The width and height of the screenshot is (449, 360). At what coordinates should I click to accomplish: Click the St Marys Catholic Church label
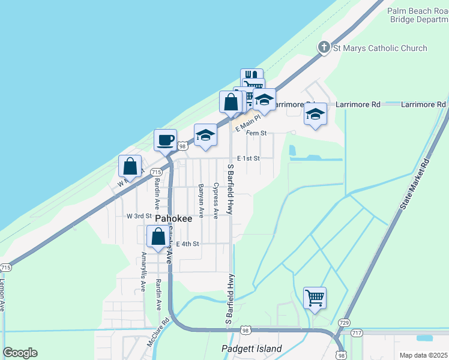tap(380, 48)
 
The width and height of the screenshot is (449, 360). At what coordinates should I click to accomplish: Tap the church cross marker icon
tap(324, 47)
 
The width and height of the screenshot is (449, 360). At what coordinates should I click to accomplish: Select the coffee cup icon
tap(166, 140)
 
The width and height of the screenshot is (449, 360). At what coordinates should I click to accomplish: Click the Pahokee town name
tap(173, 218)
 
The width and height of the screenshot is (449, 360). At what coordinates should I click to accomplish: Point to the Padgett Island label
tap(252, 349)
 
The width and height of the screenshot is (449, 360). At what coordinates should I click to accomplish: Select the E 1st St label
tap(248, 158)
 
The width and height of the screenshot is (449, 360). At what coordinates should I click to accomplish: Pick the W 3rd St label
tap(138, 215)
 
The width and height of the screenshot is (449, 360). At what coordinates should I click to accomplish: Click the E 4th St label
tap(187, 244)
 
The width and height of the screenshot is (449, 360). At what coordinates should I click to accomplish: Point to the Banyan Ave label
tap(201, 200)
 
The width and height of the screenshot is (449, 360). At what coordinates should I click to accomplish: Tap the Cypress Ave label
tap(215, 200)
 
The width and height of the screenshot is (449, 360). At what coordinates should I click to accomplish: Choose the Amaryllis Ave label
tap(143, 272)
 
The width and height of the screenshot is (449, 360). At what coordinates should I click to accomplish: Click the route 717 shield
tap(357, 333)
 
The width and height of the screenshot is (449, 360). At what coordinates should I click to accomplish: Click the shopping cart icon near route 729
tap(315, 297)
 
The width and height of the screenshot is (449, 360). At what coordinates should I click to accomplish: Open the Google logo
tap(20, 353)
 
